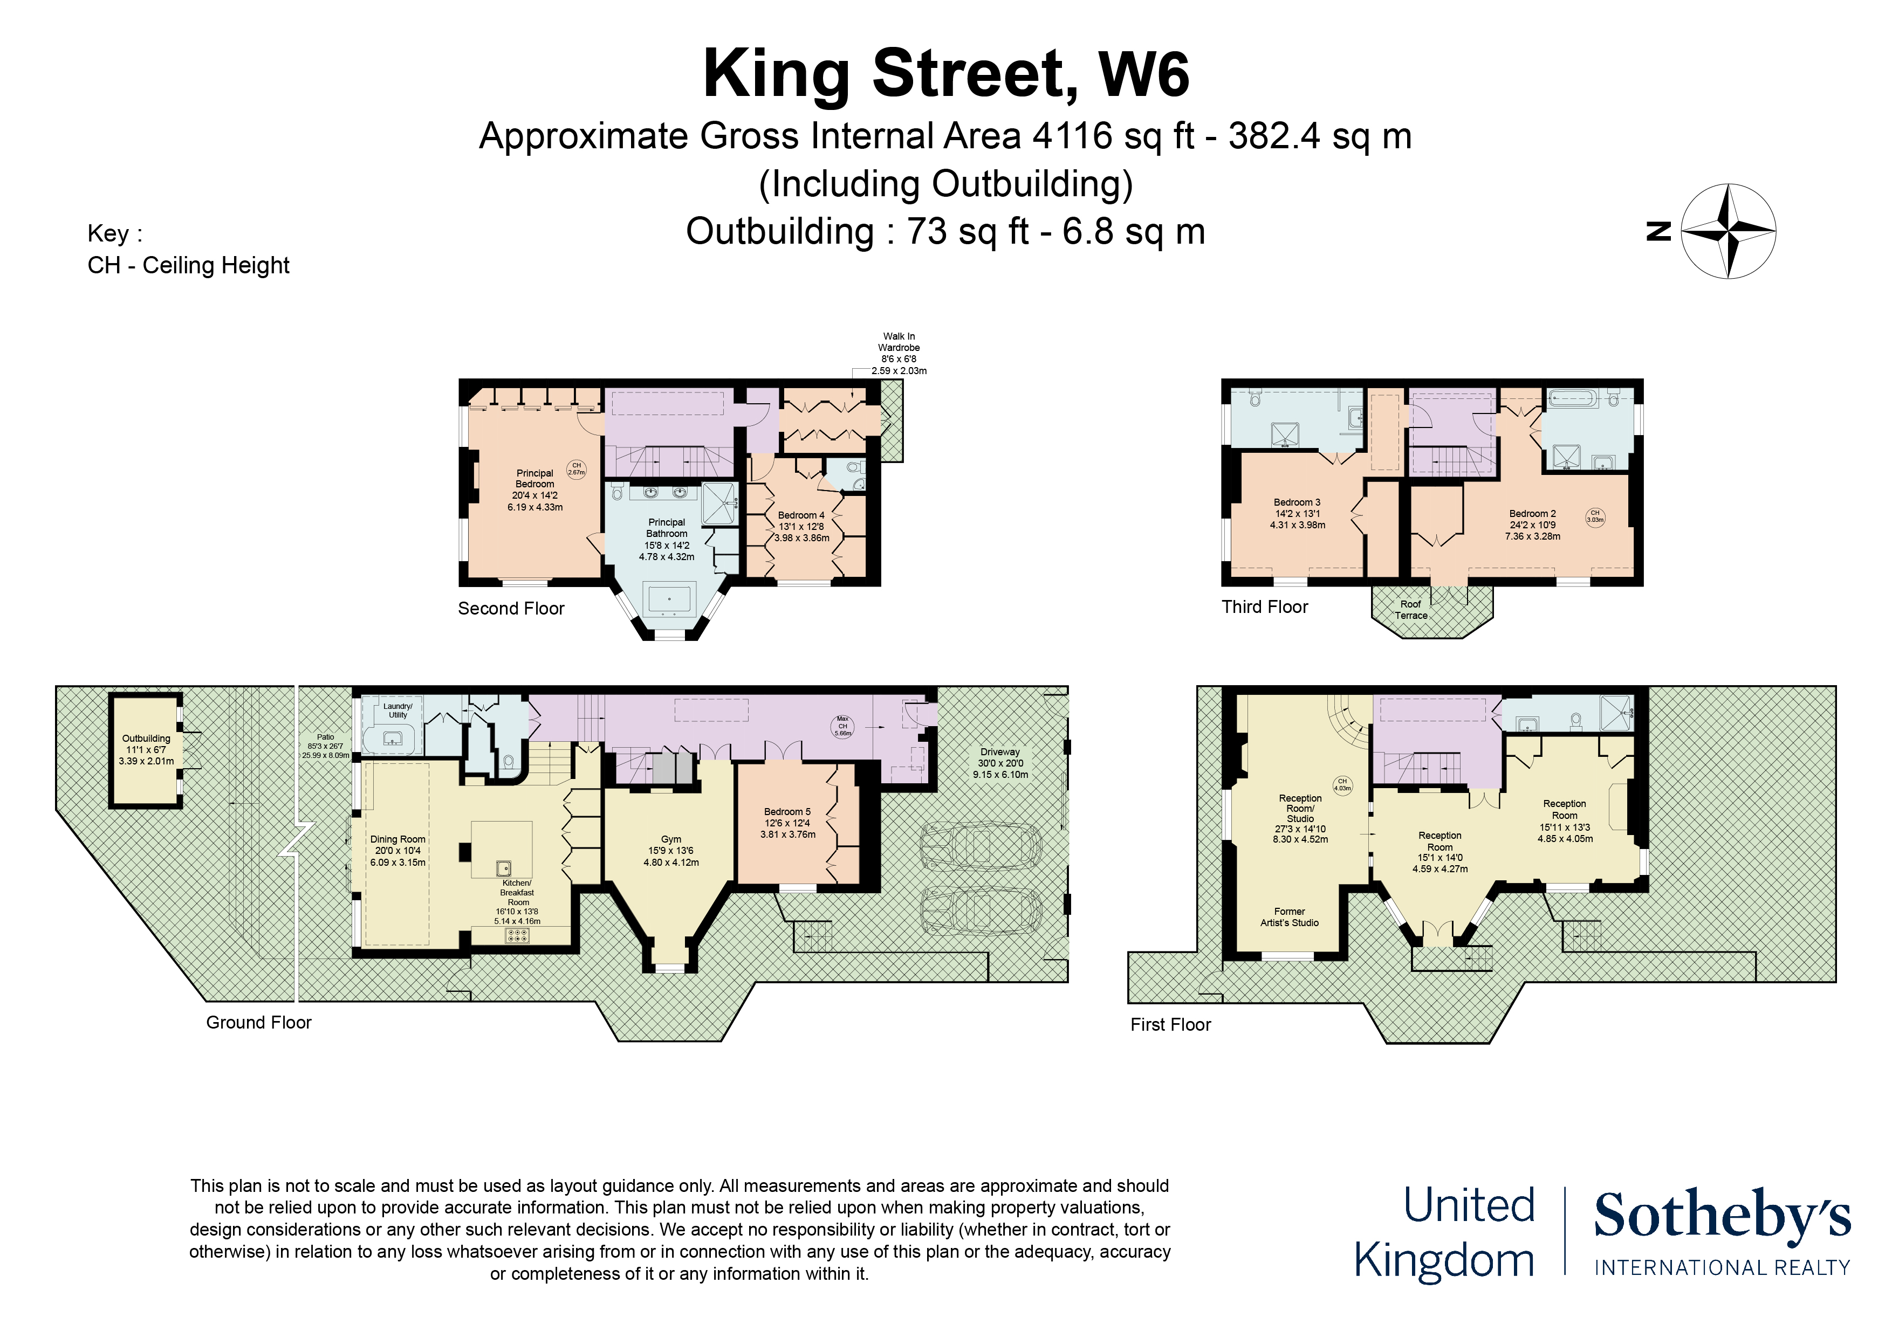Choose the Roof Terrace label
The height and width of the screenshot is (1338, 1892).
[x=1411, y=610]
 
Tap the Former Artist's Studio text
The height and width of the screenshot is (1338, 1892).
[x=1289, y=917]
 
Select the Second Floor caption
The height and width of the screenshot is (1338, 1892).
[x=511, y=608]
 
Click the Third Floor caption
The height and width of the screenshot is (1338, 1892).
[x=1264, y=607]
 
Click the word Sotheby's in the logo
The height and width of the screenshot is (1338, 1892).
[x=1722, y=1215]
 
